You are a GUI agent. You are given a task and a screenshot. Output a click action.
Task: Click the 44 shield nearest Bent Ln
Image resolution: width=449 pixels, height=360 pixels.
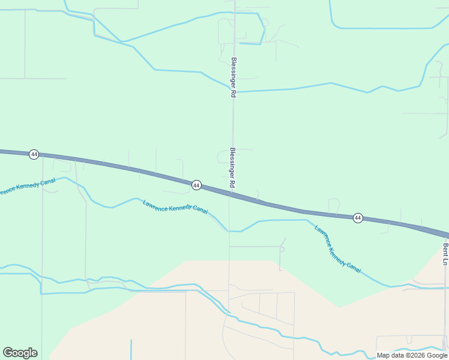point(358,218)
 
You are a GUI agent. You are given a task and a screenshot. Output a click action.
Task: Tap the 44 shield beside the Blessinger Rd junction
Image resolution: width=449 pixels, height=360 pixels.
point(196,185)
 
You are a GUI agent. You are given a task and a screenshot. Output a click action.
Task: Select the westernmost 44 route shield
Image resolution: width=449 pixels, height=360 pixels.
point(34,154)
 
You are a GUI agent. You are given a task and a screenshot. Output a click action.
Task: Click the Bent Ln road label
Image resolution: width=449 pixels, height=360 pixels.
point(446,254)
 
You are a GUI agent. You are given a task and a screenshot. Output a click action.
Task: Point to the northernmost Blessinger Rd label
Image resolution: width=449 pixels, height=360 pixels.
point(234,77)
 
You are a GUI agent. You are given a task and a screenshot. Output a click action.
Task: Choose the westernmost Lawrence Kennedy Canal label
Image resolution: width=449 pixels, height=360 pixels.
point(28,186)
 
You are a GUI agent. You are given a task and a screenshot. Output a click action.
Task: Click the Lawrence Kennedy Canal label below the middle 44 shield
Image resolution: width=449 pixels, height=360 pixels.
point(175,207)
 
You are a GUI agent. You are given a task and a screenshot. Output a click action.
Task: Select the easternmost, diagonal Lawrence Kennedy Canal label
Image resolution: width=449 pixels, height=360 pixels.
point(337,249)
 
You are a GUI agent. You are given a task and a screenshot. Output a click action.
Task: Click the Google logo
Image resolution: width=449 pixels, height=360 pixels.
point(20,353)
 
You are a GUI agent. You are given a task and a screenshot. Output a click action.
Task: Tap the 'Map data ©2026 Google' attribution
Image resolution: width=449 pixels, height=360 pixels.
point(412,355)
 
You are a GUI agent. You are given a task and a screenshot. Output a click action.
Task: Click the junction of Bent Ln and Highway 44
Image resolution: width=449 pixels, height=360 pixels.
point(444,235)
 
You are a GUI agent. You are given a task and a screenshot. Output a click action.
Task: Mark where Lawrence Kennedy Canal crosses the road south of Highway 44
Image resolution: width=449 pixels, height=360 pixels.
point(229,230)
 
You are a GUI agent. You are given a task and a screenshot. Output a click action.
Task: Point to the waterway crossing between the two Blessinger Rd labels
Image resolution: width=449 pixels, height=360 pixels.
point(234,92)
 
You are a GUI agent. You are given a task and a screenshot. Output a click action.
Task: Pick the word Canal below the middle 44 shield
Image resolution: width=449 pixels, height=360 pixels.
point(199,210)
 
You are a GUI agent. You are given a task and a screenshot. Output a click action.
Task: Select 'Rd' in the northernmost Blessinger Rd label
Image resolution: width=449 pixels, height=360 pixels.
point(233,94)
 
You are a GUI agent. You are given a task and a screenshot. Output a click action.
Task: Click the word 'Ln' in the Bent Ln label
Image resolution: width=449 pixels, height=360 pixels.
point(446,261)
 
